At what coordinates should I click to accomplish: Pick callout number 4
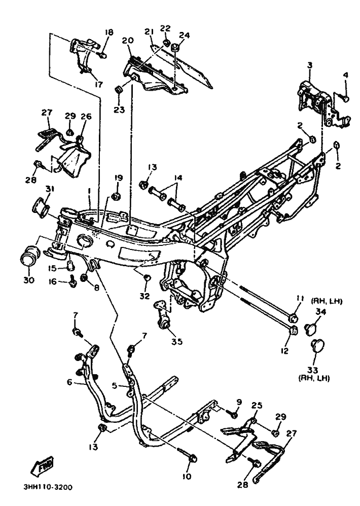(x=346, y=76)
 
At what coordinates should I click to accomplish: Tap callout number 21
(x=148, y=32)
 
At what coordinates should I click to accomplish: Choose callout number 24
(x=185, y=35)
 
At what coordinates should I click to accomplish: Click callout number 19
(x=118, y=178)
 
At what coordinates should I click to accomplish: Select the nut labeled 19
(x=116, y=196)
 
